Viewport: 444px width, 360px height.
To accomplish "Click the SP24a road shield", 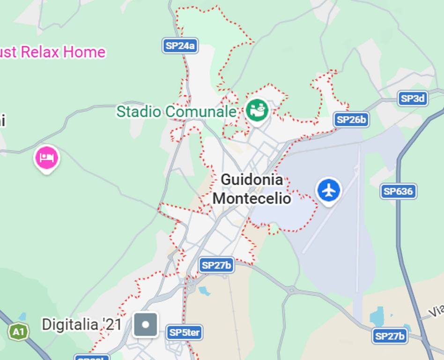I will tap(180, 46).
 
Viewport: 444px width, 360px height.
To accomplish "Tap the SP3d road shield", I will tap(413, 98).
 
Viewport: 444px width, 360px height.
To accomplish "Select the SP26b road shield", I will tap(351, 120).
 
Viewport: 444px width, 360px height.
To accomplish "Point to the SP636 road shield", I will tap(398, 191).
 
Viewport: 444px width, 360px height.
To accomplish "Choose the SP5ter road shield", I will tap(185, 333).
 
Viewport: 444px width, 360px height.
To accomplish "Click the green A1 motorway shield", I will tap(18, 332).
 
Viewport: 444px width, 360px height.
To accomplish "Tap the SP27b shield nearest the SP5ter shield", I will tap(216, 265).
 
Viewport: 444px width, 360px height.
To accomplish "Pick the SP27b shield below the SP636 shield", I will tap(390, 336).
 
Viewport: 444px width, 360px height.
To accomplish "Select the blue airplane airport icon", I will tap(329, 190).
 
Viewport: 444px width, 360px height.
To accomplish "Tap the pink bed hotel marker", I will tap(46, 158).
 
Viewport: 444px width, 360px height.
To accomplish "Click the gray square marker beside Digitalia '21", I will tap(146, 324).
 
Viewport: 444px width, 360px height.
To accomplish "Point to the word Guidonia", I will tap(252, 180).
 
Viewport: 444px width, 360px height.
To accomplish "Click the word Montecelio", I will tap(252, 198).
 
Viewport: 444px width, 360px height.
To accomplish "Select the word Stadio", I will tap(139, 112).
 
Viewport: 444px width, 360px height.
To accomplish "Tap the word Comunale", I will tap(201, 112).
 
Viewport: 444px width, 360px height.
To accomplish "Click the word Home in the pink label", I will tap(84, 52).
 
